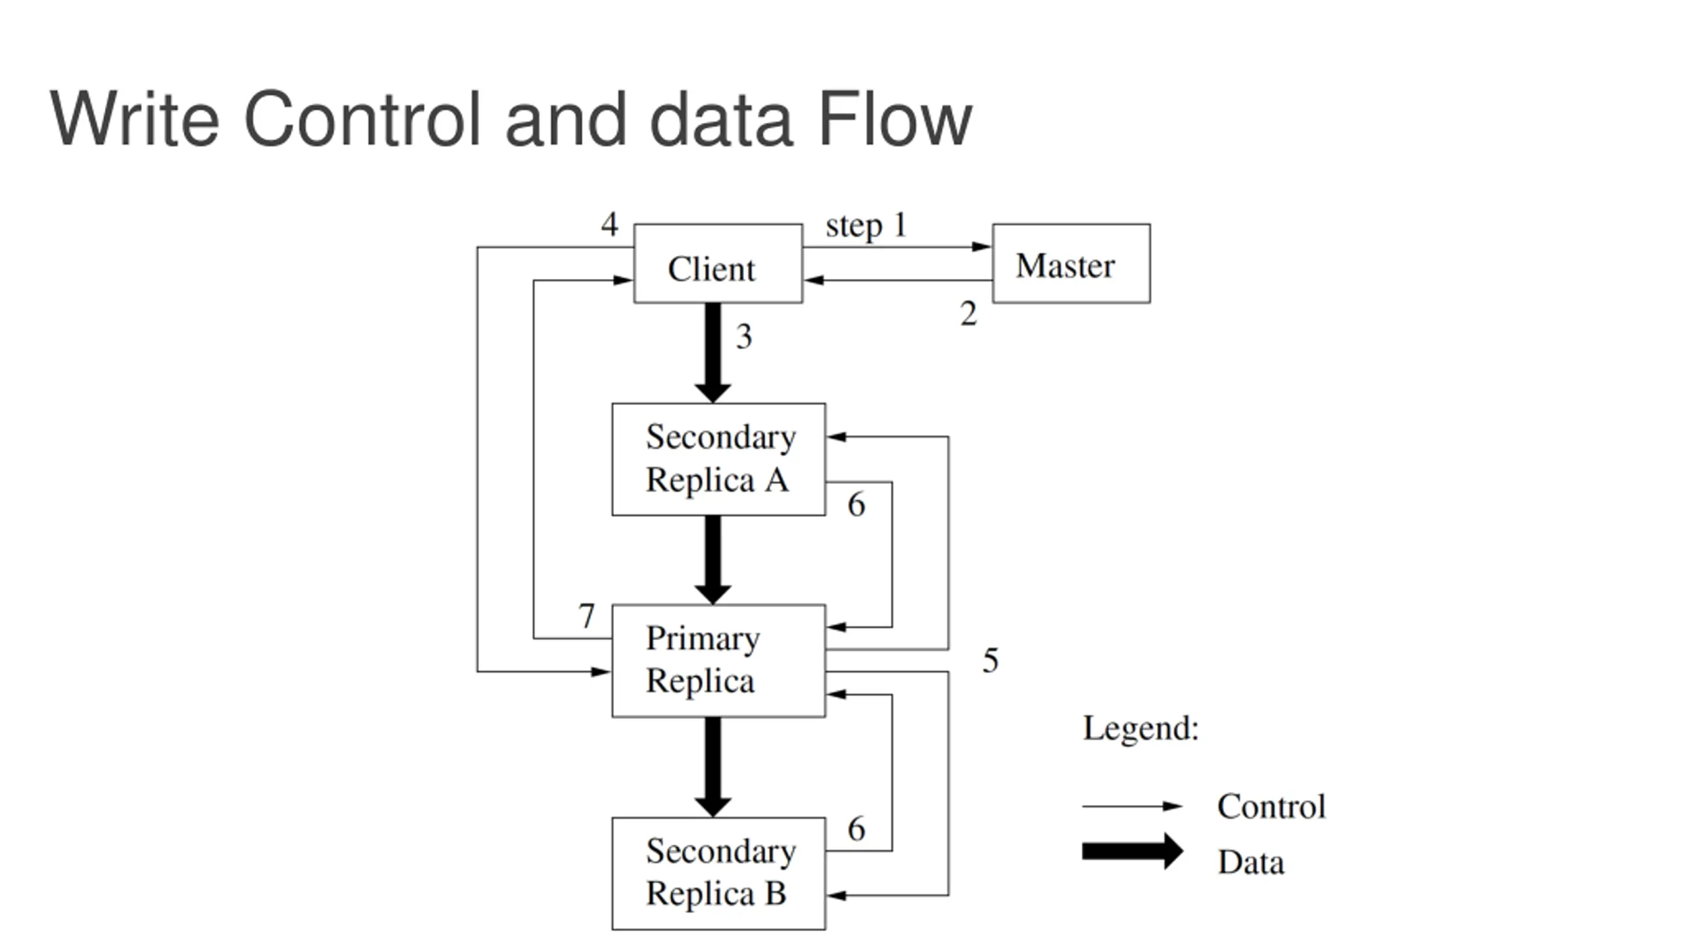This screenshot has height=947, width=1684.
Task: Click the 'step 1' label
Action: tap(866, 226)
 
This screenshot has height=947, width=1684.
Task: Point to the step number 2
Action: tap(968, 314)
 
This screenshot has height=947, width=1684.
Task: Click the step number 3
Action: tap(744, 336)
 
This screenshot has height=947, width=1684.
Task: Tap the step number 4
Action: tap(610, 224)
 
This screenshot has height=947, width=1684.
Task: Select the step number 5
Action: tap(991, 660)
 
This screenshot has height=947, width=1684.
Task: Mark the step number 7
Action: tap(587, 616)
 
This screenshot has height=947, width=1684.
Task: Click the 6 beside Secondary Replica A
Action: tap(856, 504)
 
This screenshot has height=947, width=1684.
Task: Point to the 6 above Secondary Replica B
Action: tap(856, 829)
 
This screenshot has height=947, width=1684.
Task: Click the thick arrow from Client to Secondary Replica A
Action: tap(713, 353)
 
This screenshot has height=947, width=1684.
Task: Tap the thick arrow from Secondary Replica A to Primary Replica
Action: tap(713, 560)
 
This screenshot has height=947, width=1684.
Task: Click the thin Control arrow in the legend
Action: tap(1132, 806)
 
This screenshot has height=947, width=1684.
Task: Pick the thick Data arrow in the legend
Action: tap(1132, 852)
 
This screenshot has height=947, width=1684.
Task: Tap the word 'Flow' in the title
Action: tap(894, 119)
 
